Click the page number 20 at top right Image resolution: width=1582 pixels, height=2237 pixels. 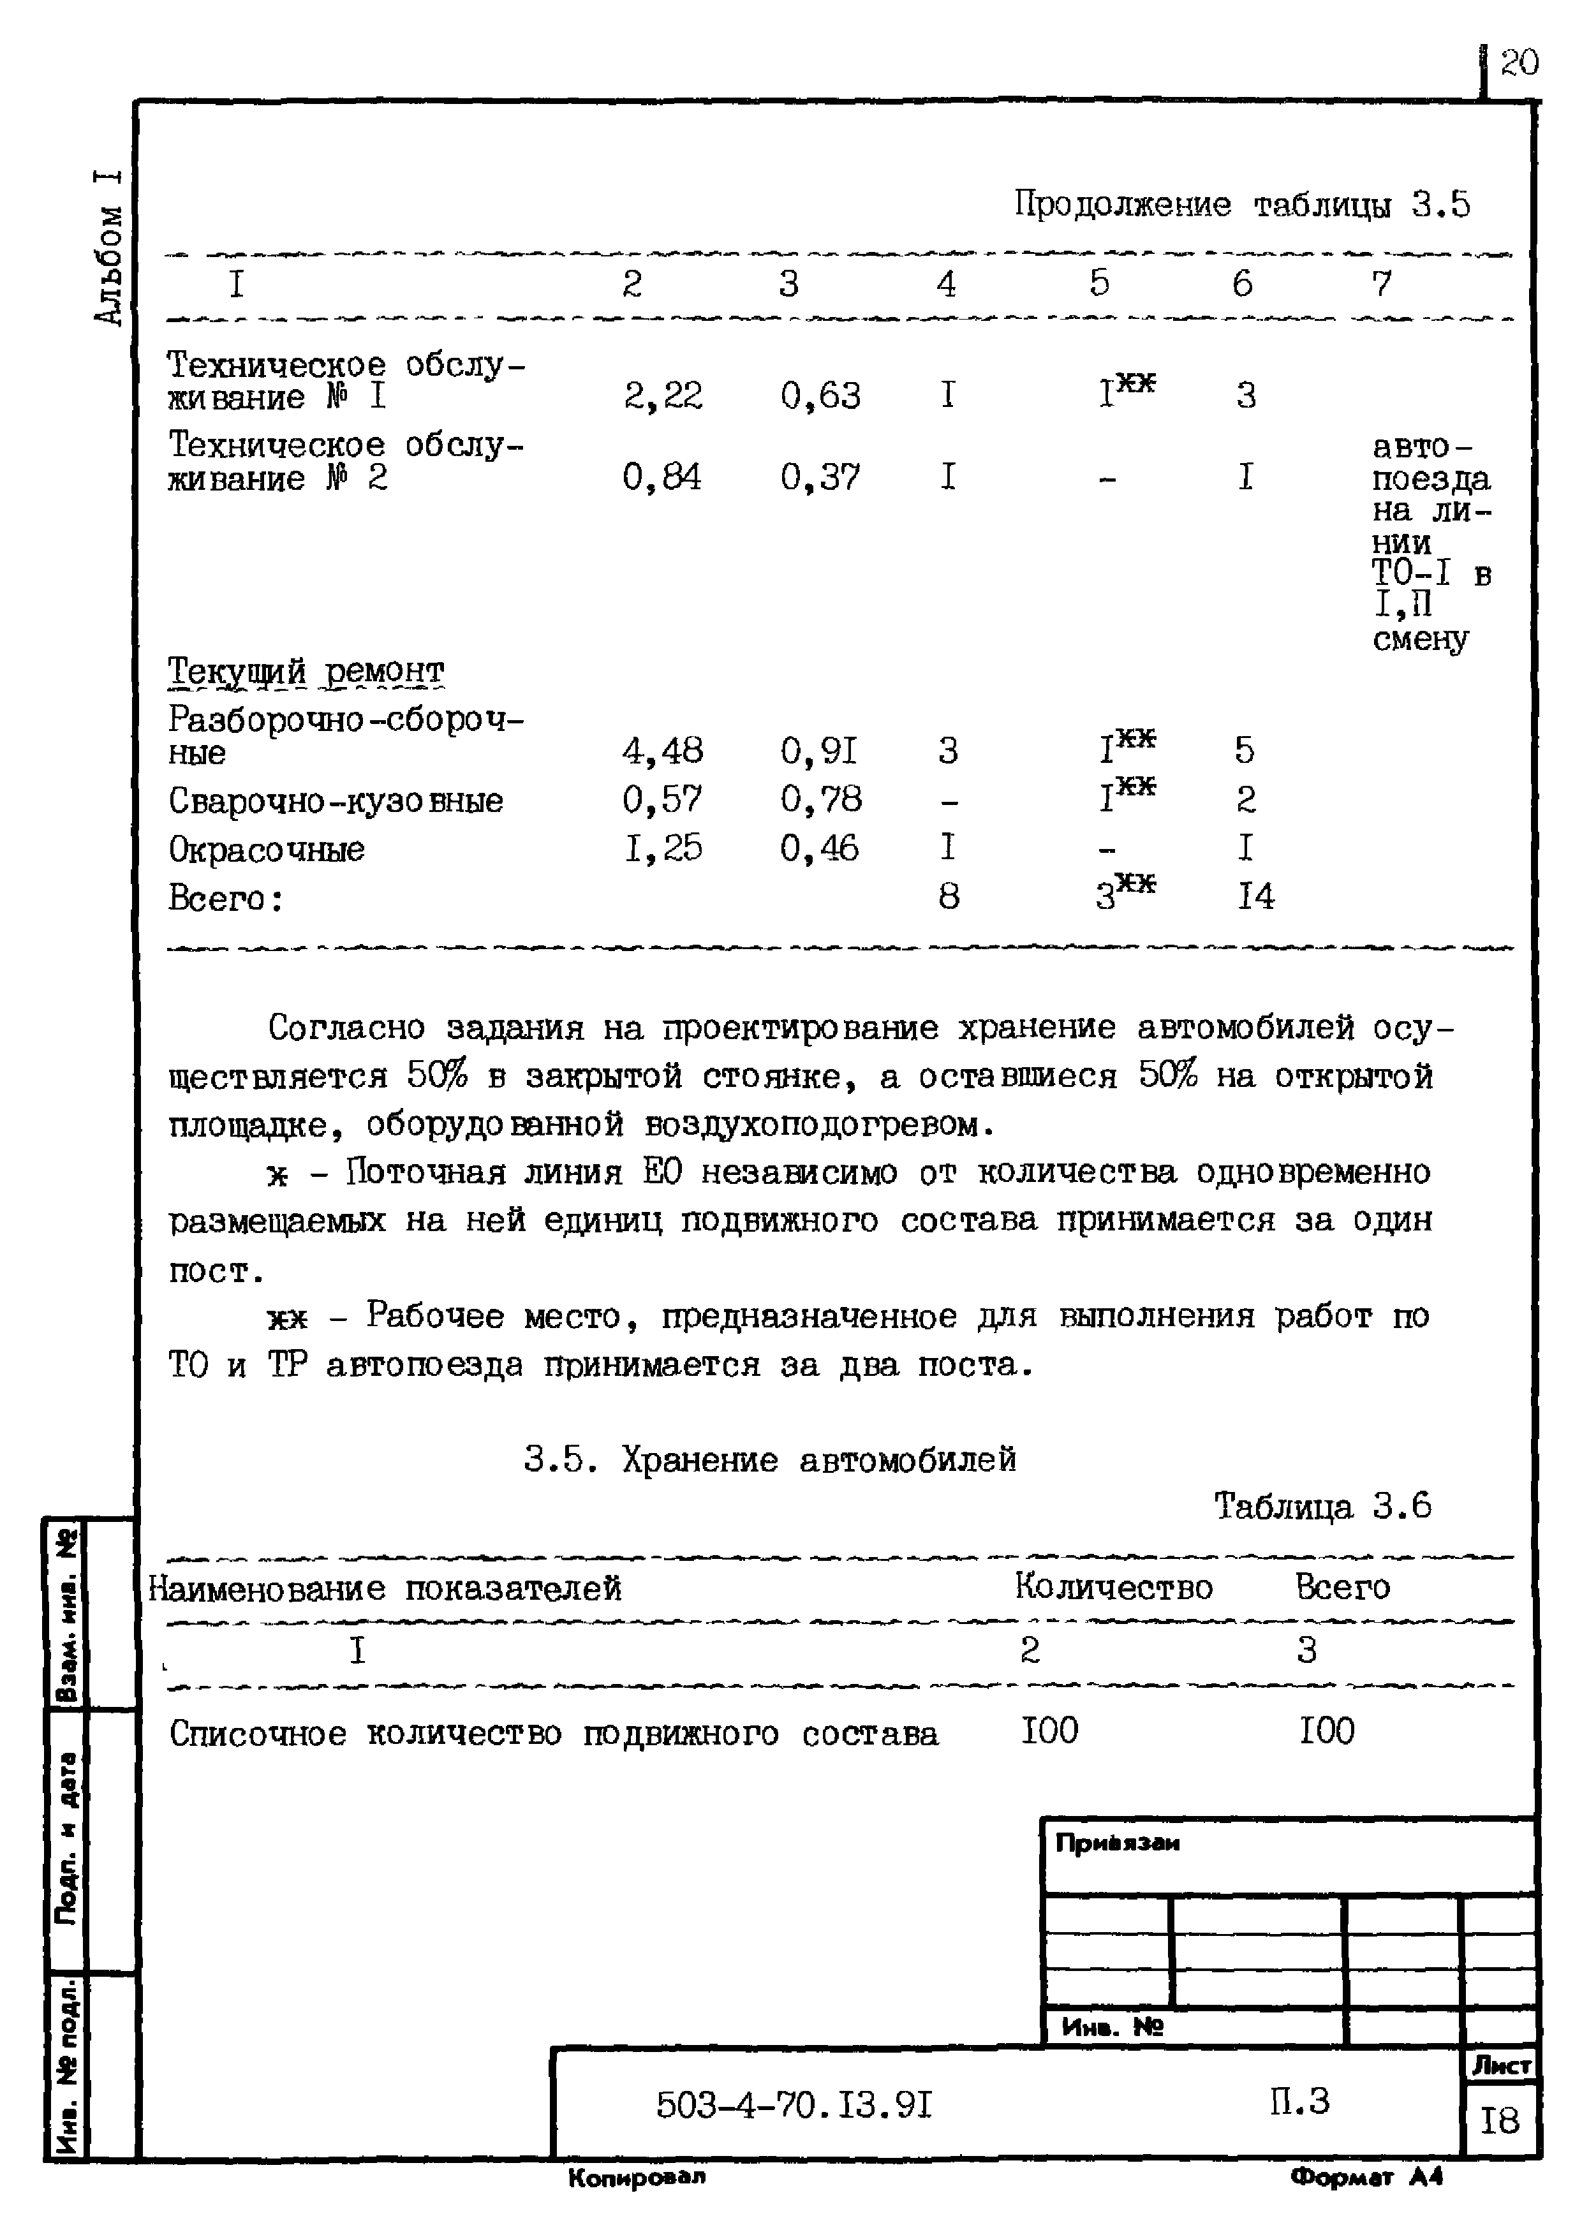[x=1519, y=63]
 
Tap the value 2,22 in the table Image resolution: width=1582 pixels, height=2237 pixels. [x=662, y=395]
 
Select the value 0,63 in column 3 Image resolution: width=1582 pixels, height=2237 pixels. [x=820, y=395]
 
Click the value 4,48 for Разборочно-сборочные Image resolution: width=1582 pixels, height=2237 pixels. [x=662, y=750]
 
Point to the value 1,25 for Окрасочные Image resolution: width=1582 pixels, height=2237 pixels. [x=662, y=848]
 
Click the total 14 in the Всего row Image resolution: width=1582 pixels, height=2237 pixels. [x=1255, y=896]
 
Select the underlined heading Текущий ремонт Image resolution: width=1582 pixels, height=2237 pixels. [x=306, y=670]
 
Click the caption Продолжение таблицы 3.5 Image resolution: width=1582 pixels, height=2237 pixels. [x=1241, y=205]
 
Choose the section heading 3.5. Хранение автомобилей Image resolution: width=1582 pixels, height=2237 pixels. [x=769, y=1459]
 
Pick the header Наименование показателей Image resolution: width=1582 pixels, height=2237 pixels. [x=385, y=1589]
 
